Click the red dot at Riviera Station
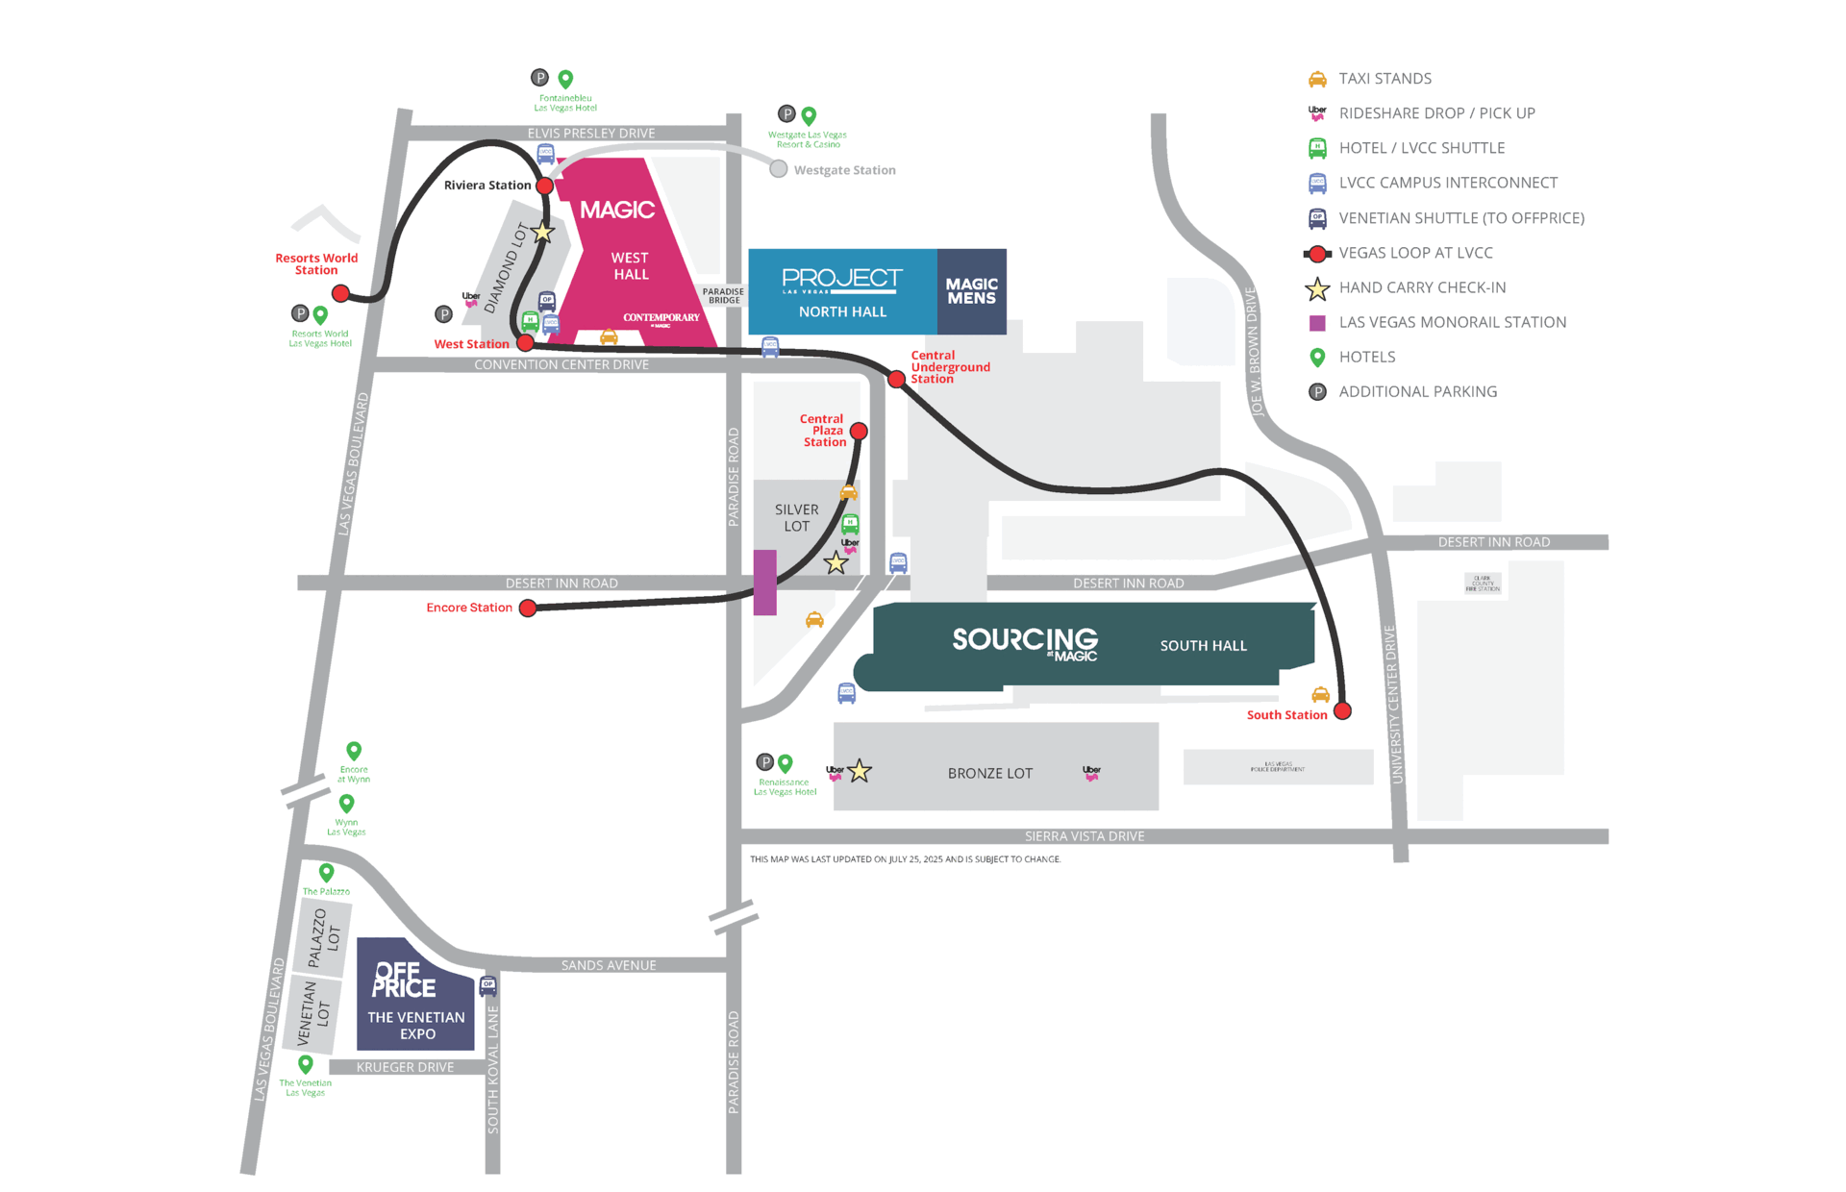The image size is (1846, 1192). [544, 186]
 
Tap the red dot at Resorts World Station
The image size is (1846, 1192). [340, 293]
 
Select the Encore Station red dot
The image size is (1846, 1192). [528, 608]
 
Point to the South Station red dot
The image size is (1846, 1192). [1343, 711]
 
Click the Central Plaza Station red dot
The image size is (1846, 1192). [859, 432]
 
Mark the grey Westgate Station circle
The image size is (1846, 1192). [779, 169]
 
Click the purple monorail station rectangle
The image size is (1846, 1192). [765, 582]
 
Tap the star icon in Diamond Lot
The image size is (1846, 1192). [542, 233]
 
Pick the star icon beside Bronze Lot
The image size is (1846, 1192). [860, 771]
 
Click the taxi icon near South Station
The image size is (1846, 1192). [1321, 694]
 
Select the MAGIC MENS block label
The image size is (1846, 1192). [971, 291]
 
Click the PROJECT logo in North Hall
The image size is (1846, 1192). [842, 279]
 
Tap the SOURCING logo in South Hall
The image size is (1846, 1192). [1025, 642]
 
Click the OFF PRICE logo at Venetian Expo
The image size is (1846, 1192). [404, 981]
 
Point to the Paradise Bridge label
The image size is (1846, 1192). [723, 296]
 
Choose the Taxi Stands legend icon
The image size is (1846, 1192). [1317, 79]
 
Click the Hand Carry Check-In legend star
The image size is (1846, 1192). [1317, 288]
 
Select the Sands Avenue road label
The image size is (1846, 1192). [609, 965]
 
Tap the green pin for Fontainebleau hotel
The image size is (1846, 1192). [565, 79]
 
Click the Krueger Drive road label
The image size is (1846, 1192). [405, 1067]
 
